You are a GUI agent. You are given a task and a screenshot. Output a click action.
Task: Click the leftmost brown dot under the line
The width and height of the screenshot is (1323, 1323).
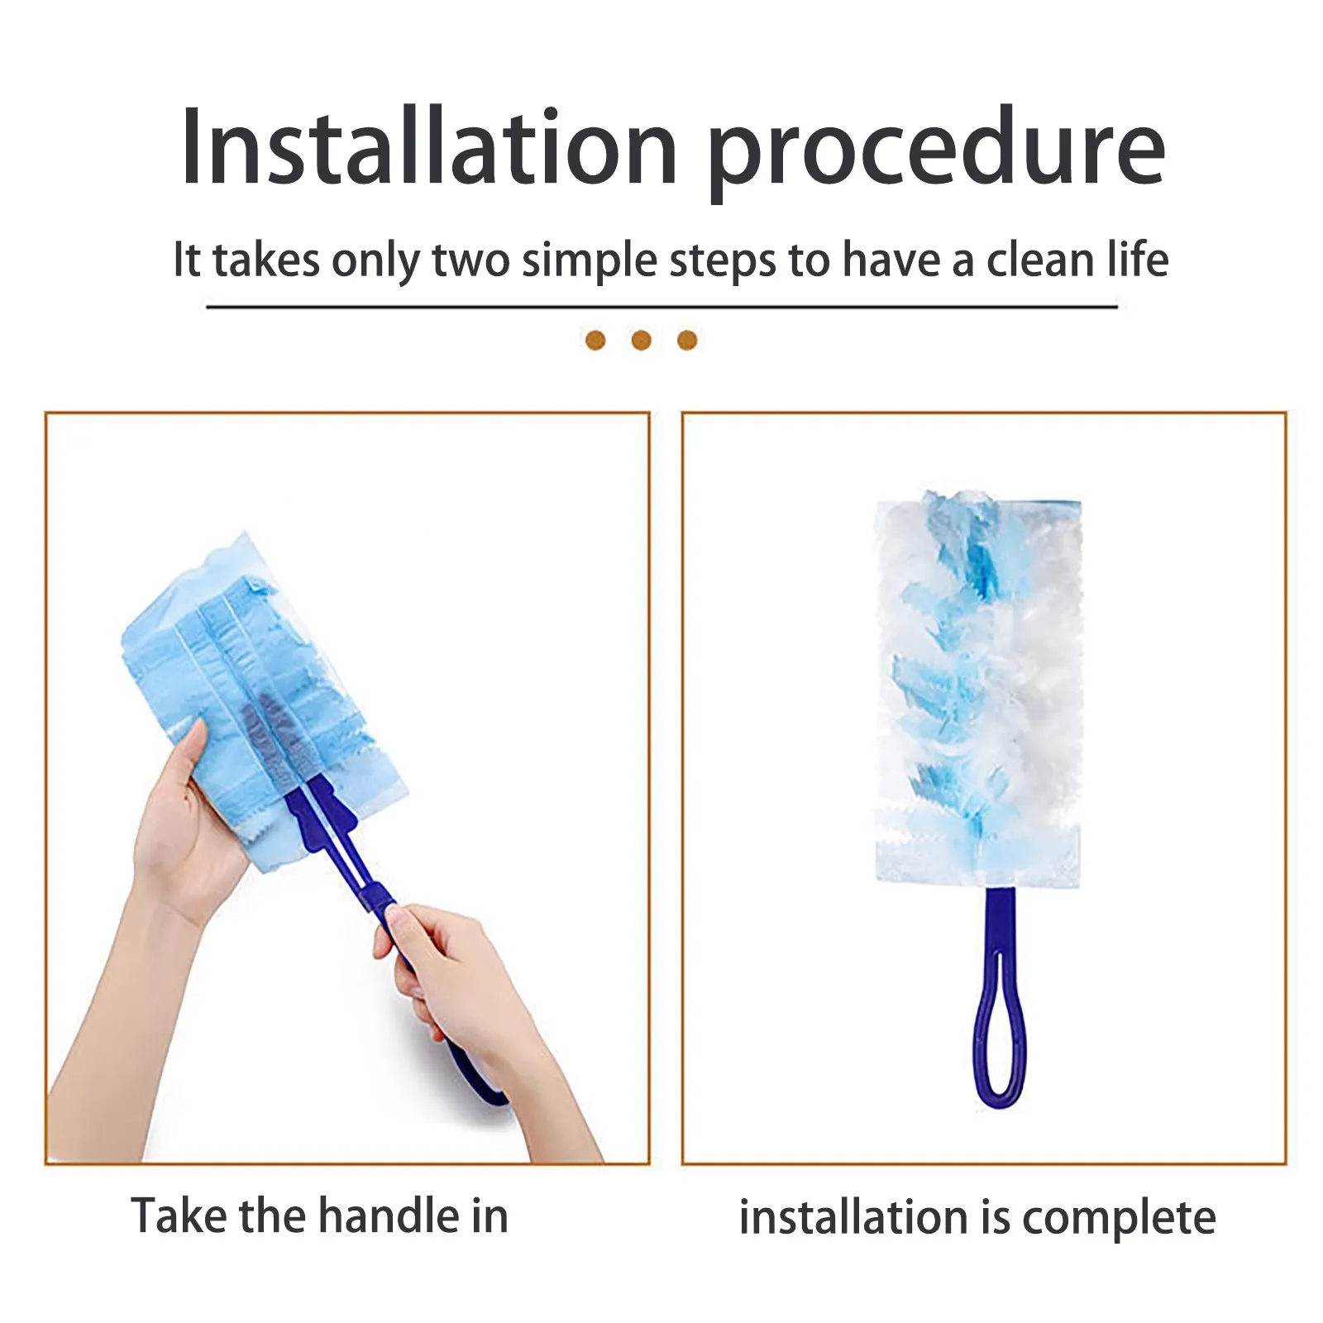(x=595, y=340)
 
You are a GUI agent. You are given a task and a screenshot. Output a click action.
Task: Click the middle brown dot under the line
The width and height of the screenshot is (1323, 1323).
(x=641, y=340)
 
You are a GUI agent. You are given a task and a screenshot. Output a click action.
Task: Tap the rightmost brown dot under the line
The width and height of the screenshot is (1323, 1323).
(x=687, y=340)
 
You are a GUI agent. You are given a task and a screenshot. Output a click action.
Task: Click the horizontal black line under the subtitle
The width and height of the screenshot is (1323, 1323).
(x=661, y=307)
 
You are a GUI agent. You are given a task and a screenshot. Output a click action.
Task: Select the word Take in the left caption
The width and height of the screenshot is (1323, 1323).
(x=179, y=1216)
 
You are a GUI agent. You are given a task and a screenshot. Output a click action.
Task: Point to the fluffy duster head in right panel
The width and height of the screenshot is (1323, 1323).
(x=979, y=686)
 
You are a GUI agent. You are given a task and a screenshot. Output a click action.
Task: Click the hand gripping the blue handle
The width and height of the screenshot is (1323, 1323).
(x=447, y=976)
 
